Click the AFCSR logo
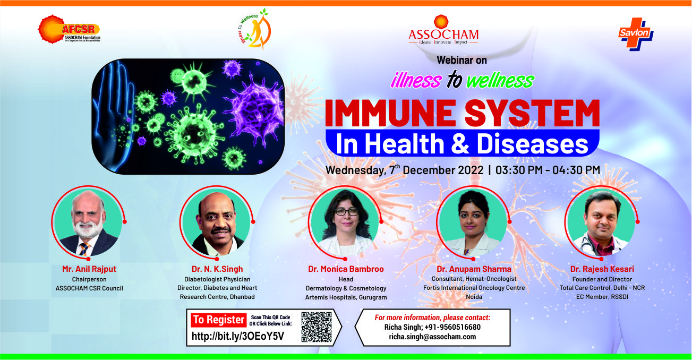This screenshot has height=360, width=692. [69, 29]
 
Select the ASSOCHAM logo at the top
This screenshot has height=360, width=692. [443, 30]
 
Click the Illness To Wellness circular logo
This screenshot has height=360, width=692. [255, 29]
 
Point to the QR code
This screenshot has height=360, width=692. [317, 327]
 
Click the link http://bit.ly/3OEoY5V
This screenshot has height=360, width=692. [237, 336]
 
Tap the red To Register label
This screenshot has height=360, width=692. [218, 320]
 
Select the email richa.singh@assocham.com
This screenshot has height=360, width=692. [432, 337]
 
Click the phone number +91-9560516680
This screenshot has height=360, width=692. [452, 327]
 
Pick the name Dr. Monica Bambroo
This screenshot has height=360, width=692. [346, 269]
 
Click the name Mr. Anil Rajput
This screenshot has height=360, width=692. [89, 269]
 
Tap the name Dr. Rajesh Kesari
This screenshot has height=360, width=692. [602, 269]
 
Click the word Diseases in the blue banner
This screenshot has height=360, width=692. [532, 144]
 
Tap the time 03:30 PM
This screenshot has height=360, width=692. [519, 170]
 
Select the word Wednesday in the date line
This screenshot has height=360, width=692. [355, 170]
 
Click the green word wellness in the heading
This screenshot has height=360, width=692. [500, 80]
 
